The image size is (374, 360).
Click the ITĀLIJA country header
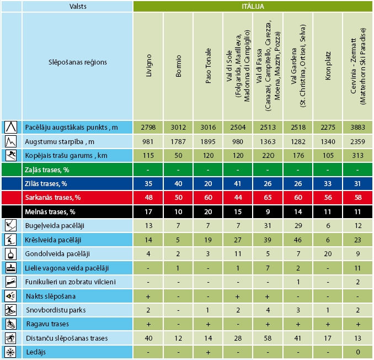253,6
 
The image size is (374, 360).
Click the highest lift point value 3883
357,127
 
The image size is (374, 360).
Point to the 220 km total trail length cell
268,155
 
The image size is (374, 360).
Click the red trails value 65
268,197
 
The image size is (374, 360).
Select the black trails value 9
268,211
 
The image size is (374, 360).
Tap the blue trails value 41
238,183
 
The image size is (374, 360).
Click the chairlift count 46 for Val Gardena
298,240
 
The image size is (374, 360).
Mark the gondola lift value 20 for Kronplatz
328,253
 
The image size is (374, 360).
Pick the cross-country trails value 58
268,338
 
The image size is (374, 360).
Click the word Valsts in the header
77,6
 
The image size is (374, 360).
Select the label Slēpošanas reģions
77,62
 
